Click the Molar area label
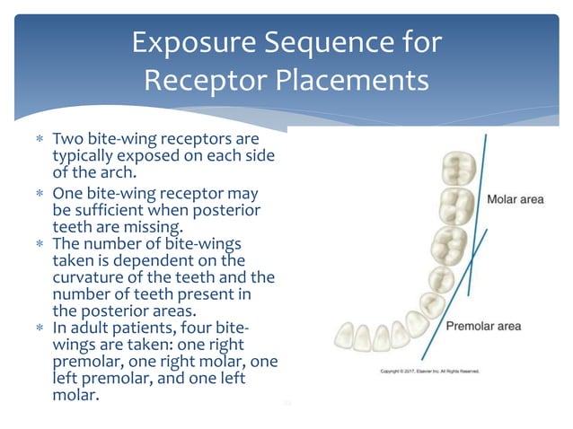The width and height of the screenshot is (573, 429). [515, 199]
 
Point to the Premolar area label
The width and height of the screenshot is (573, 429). [484, 326]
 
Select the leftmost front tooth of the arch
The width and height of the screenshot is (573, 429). [342, 337]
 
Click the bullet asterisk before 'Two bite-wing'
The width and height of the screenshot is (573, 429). [40, 141]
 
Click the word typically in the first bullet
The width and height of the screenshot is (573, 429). [86, 157]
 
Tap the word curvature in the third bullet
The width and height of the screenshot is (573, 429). [90, 277]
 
